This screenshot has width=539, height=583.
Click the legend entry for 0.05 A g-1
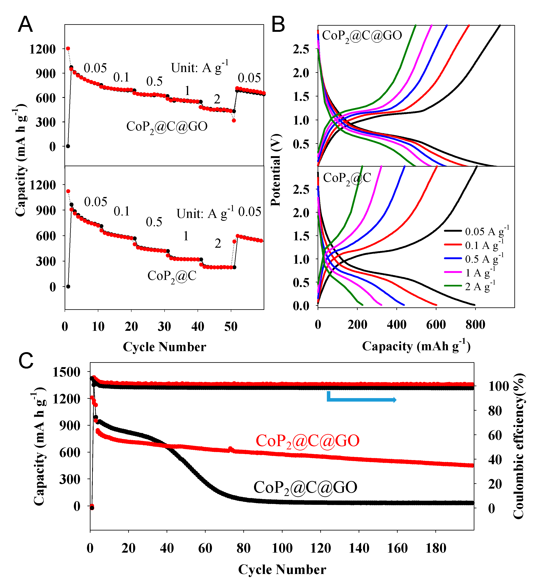(x=486, y=231)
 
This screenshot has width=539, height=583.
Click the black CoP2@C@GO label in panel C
(x=305, y=487)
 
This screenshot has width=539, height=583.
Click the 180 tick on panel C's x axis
(x=436, y=548)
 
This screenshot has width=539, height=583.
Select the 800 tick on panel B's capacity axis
(x=475, y=325)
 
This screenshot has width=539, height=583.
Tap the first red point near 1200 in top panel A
(x=68, y=48)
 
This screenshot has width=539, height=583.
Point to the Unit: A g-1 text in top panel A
(x=199, y=68)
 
